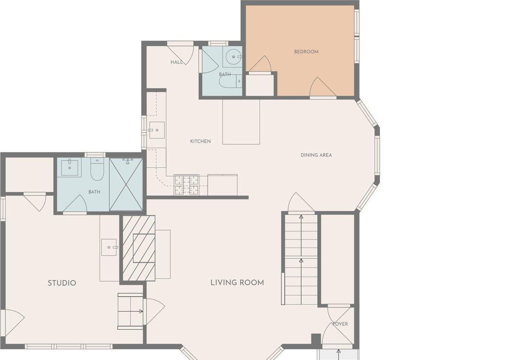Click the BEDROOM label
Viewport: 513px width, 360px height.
[x=306, y=52]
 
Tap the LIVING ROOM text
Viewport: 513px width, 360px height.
[x=237, y=283]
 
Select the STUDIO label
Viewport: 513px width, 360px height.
[x=62, y=283]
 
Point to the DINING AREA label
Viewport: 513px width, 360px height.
[x=316, y=155]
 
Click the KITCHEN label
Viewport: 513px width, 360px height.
[x=200, y=141]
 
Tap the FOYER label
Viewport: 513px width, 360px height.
[x=340, y=324]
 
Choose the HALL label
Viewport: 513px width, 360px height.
[x=176, y=62]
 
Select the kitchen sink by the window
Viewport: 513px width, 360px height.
[x=156, y=130]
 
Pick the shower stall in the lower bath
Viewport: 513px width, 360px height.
[x=126, y=184]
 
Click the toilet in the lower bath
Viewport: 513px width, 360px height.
[x=97, y=170]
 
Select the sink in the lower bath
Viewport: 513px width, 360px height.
[x=70, y=168]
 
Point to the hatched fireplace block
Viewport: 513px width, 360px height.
[x=139, y=248]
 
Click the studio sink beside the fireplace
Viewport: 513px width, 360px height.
[x=109, y=247]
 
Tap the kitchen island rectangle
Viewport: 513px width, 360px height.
[x=241, y=122]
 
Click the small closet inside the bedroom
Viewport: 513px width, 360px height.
[x=260, y=85]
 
